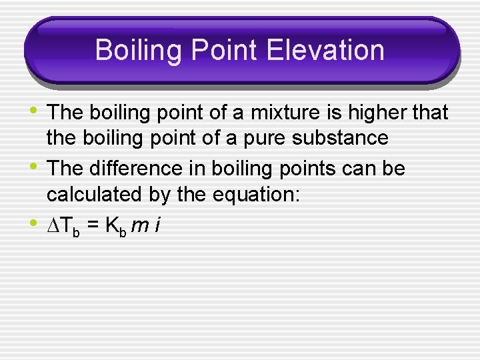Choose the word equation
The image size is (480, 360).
(x=263, y=195)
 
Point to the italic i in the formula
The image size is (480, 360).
(x=156, y=226)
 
